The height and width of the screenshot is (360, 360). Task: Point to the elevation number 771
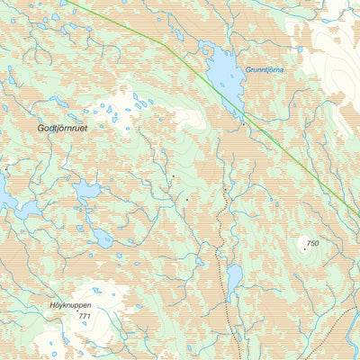(85, 317)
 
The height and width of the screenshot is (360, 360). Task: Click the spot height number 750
(312, 244)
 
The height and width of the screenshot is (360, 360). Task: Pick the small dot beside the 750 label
(304, 249)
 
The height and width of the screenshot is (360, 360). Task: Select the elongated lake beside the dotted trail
(234, 282)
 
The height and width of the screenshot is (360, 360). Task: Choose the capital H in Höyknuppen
(51, 305)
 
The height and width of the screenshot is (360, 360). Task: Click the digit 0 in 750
(317, 244)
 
